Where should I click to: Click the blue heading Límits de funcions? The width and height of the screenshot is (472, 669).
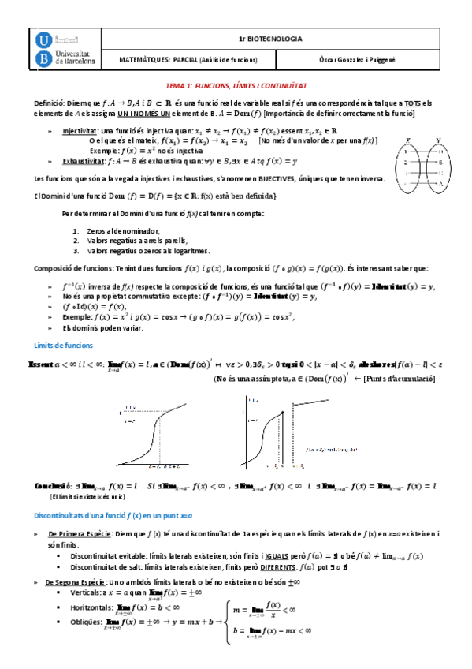point(64,345)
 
